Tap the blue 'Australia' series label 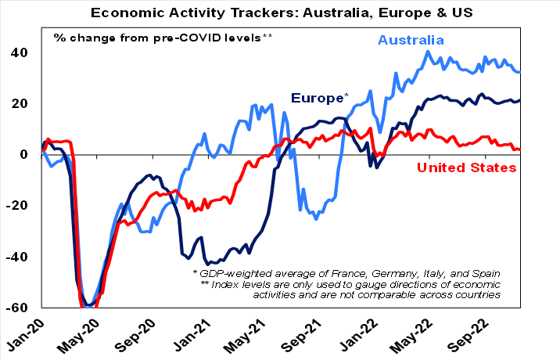[x=411, y=40]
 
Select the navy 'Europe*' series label [x=319, y=98]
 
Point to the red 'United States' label [x=466, y=167]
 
